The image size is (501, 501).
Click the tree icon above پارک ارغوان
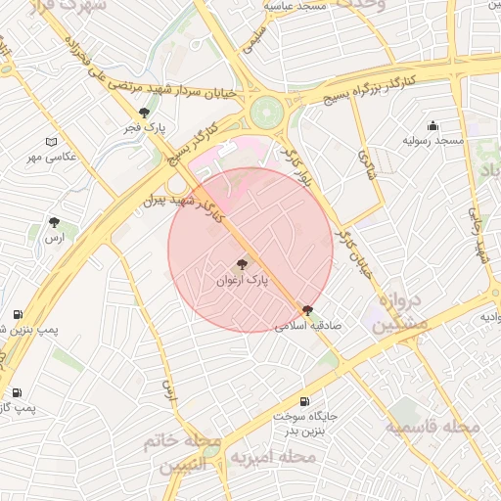[x=242, y=263]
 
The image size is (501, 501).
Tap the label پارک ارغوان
[x=242, y=281]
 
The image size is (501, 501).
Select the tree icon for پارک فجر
[x=145, y=113]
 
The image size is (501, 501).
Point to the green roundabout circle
[x=264, y=112]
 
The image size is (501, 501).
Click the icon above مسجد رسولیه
[x=433, y=126]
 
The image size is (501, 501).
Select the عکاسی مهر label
[x=52, y=158]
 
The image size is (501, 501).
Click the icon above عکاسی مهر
[x=52, y=142]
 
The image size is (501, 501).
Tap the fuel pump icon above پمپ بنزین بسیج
[x=18, y=314]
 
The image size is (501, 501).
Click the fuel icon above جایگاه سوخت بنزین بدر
[x=303, y=401]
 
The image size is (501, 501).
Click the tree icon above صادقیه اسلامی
[x=308, y=310]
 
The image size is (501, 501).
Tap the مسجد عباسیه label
[x=300, y=6]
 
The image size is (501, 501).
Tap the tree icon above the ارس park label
[x=54, y=222]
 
